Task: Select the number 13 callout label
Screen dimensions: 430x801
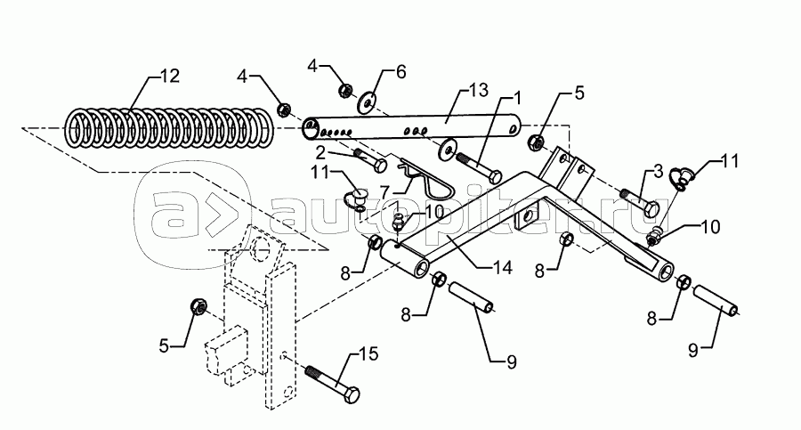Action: [x=480, y=91]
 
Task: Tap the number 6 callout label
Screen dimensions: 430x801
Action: [x=400, y=69]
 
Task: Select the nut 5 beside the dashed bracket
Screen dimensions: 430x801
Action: [x=199, y=308]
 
